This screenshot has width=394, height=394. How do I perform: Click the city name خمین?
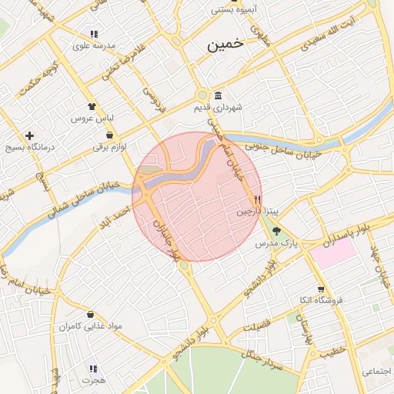click(225, 45)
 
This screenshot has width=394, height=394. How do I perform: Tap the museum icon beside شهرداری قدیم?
click(219, 96)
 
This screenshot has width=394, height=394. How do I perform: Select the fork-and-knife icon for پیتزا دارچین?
click(246, 199)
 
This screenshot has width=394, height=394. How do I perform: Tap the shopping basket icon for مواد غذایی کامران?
click(92, 315)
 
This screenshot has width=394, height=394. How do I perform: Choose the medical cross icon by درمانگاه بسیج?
click(30, 135)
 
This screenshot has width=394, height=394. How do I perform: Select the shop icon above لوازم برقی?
click(110, 135)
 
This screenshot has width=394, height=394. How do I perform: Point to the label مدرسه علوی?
click(93, 46)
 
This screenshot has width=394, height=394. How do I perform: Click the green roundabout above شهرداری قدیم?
click(202, 95)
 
